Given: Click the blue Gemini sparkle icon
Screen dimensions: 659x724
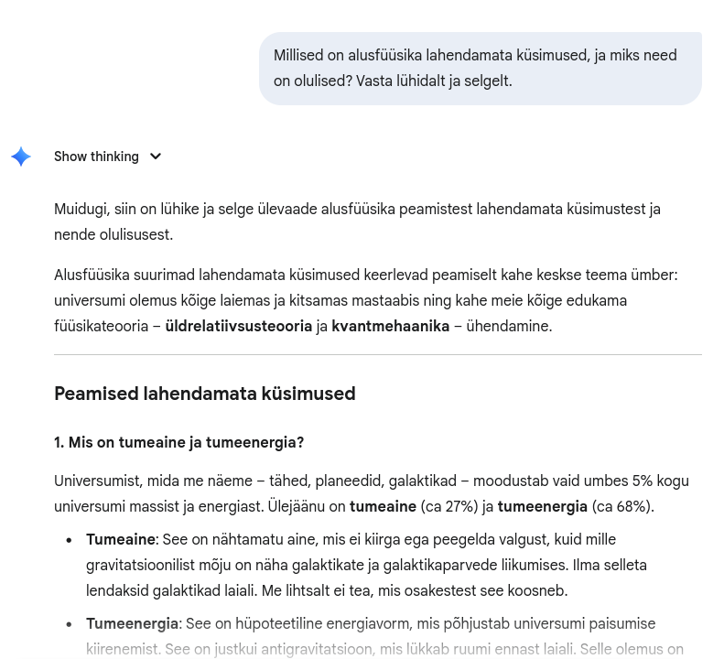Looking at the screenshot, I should [x=21, y=157].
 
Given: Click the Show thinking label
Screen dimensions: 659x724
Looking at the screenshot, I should [x=96, y=157].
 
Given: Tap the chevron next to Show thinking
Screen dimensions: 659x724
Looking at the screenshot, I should [x=155, y=157].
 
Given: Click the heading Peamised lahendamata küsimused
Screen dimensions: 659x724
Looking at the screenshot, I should [x=204, y=394].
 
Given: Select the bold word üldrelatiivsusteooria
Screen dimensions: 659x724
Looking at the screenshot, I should [x=238, y=326].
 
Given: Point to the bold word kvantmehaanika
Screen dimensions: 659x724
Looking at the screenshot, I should [x=390, y=326].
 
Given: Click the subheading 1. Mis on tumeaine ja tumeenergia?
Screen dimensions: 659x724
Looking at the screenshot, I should [x=178, y=442].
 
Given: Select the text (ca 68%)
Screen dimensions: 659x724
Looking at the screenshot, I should [x=622, y=506].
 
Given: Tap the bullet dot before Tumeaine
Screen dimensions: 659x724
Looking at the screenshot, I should [x=69, y=540].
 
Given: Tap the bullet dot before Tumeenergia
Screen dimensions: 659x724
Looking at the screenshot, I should [x=69, y=624].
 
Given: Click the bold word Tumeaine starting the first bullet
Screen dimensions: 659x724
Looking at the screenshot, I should [x=120, y=539].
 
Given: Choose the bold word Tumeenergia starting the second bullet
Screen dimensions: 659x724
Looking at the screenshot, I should [x=132, y=623].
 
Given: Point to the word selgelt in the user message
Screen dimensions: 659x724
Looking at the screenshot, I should [x=487, y=81].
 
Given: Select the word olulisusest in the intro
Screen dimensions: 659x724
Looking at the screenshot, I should [x=135, y=234].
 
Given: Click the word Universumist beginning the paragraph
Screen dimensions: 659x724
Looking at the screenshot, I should [x=98, y=481].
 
